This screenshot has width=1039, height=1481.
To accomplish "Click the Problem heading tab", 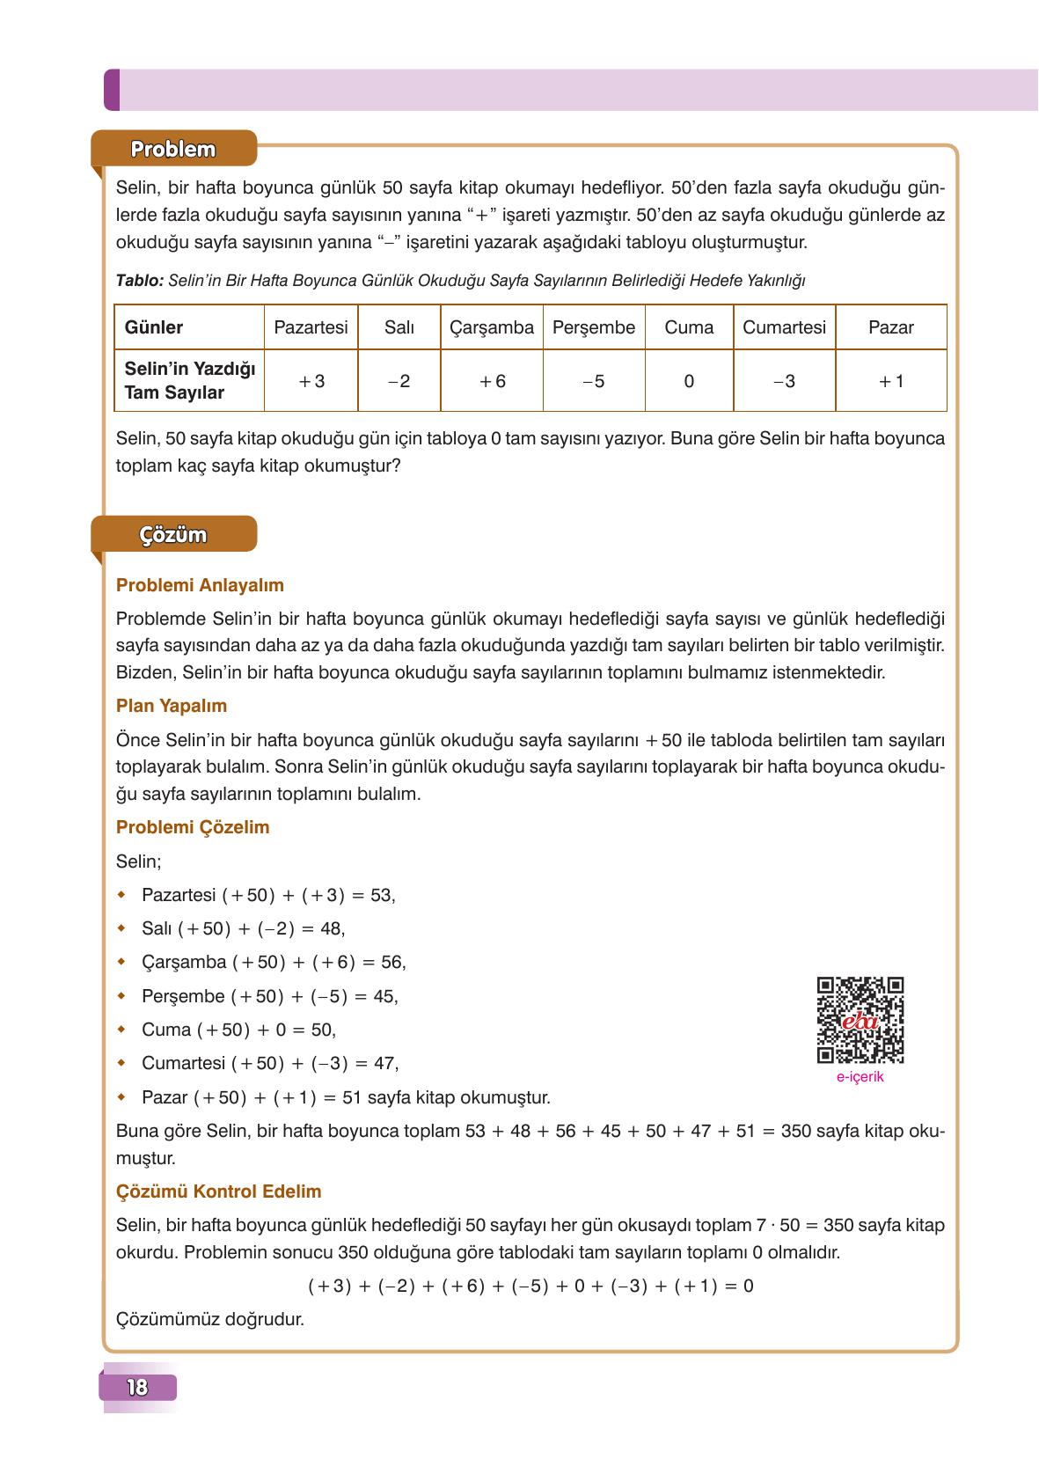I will [173, 149].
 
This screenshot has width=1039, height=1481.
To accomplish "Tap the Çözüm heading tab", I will [174, 535].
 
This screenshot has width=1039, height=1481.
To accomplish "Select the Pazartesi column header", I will [311, 327].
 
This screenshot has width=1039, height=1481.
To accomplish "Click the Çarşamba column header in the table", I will [492, 327].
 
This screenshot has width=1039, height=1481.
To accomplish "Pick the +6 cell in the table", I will [492, 381].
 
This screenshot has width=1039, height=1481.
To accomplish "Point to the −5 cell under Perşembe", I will [594, 381].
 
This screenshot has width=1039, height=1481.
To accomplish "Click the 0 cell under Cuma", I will [689, 381].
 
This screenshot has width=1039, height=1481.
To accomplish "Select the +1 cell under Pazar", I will [890, 381].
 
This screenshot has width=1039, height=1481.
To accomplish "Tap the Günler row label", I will [154, 327].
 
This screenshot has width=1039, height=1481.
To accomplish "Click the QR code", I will [860, 1020].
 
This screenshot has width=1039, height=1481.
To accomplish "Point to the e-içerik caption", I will [860, 1077].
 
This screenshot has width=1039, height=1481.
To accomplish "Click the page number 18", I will [137, 1388].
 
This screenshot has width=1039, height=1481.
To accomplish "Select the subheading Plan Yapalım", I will [172, 706].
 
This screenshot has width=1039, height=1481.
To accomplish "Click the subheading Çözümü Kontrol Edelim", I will [218, 1191].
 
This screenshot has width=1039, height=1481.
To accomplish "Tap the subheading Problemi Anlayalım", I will [200, 585].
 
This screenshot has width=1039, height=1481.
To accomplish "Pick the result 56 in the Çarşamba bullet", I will [391, 963].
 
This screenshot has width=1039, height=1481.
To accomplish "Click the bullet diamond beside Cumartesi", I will [121, 1063].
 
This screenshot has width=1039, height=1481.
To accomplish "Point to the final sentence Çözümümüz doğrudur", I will [209, 1320].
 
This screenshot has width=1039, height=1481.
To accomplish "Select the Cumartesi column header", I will [784, 327].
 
